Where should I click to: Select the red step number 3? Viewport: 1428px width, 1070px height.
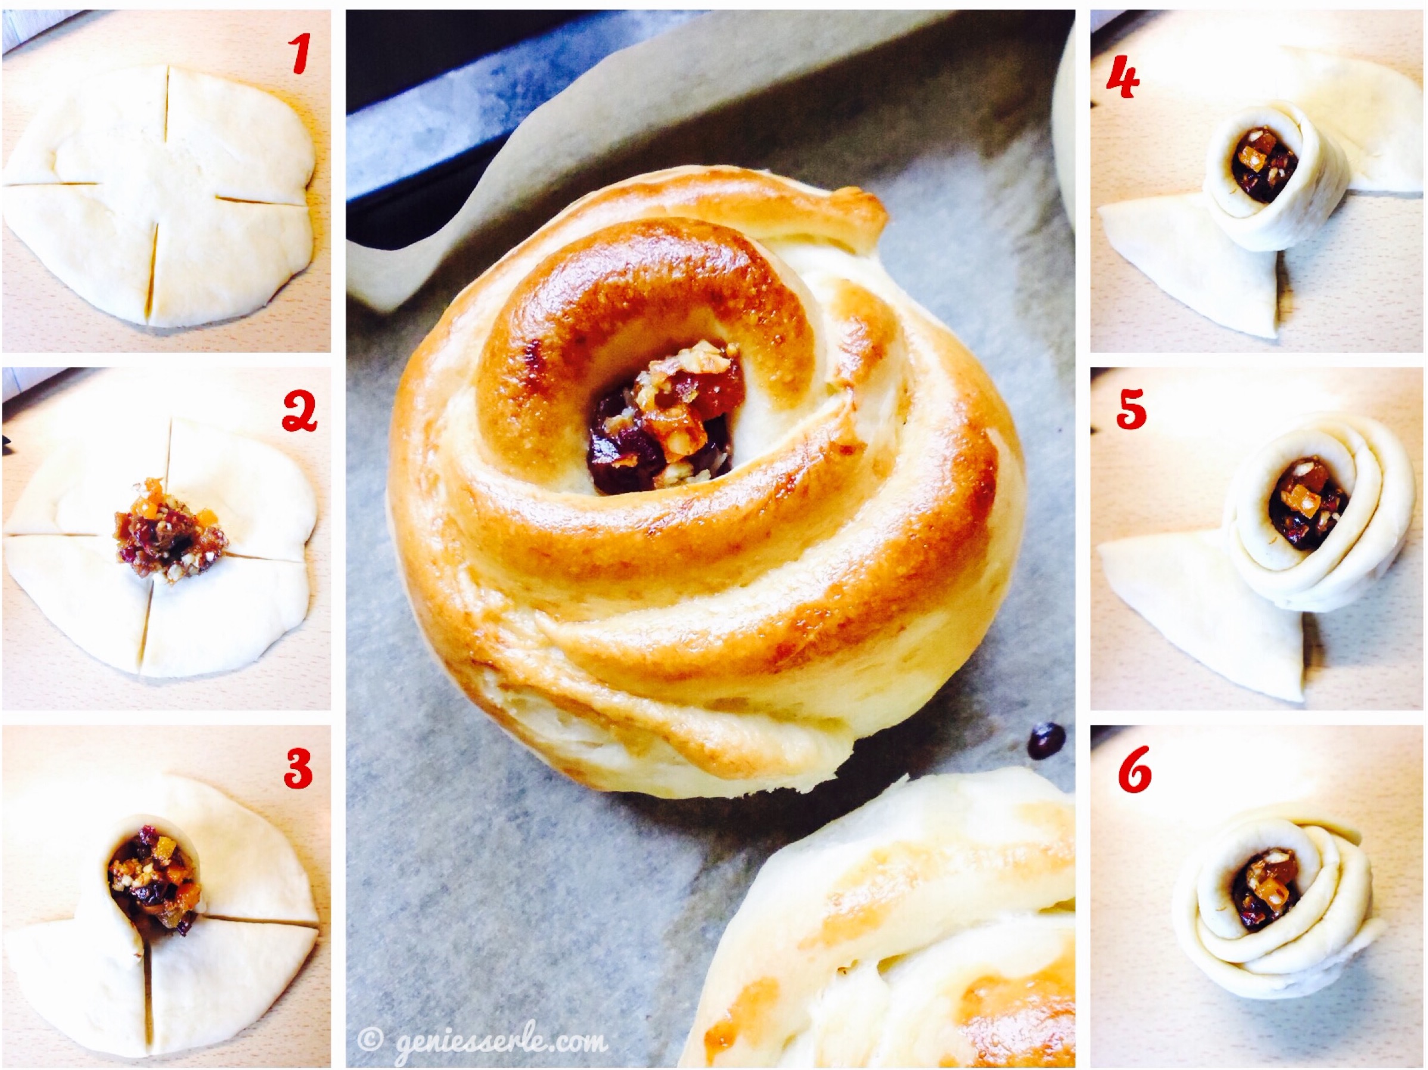coord(298,767)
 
